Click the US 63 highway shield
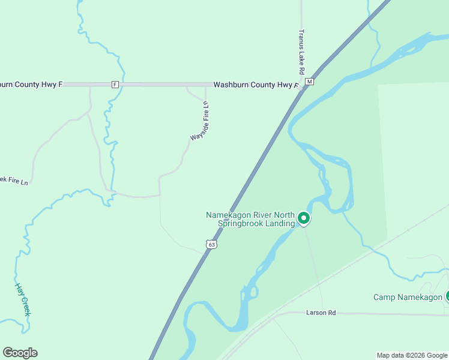(x=211, y=244)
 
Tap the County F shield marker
(x=115, y=85)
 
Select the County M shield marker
(x=310, y=82)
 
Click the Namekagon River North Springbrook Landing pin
(x=304, y=219)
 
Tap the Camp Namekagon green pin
(x=447, y=296)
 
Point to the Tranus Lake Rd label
(x=302, y=48)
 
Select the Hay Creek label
(x=23, y=299)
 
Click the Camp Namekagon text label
(x=408, y=297)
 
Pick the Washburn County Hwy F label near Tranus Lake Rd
(x=256, y=85)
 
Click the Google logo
(x=20, y=353)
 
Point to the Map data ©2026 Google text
(x=412, y=355)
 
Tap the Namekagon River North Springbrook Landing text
(x=250, y=219)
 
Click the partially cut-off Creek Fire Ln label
(x=14, y=180)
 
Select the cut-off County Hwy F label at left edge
(x=31, y=85)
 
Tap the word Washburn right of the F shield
(x=231, y=85)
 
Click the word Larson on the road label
(x=316, y=313)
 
